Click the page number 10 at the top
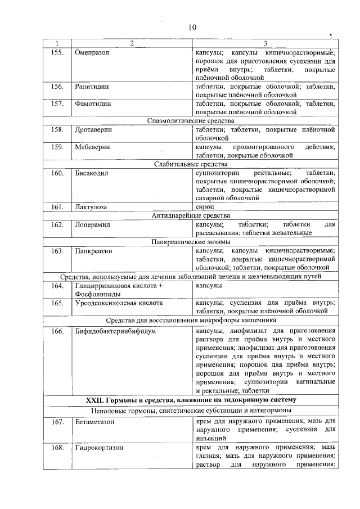pyautogui.click(x=191, y=27)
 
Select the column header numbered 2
pyautogui.click(x=132, y=43)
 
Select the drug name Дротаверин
pyautogui.click(x=93, y=130)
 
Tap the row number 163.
pyautogui.click(x=56, y=251)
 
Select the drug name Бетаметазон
pyautogui.click(x=95, y=421)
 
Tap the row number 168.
pyautogui.click(x=56, y=448)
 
